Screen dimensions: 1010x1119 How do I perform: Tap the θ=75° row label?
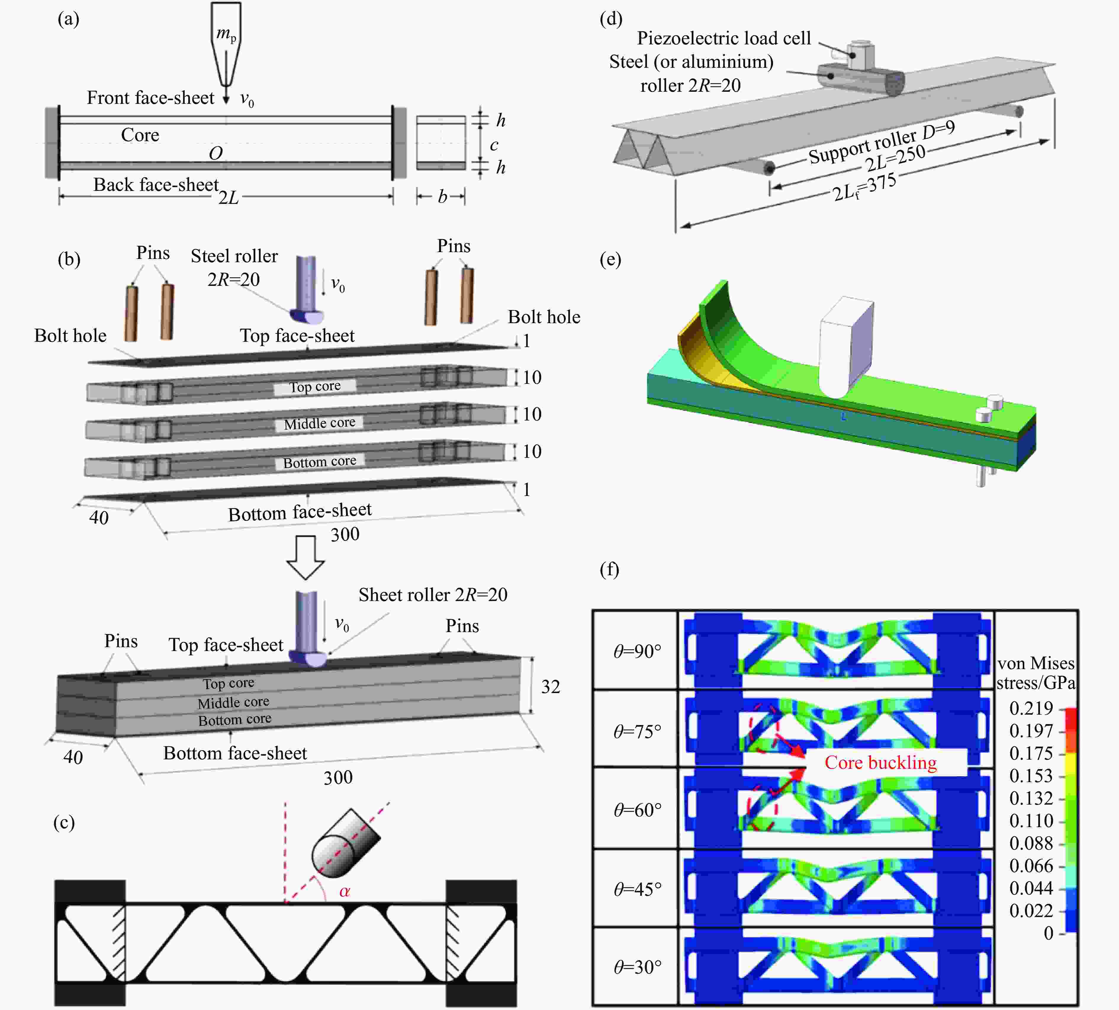coord(637,732)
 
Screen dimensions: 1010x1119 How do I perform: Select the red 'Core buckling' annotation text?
coord(880,763)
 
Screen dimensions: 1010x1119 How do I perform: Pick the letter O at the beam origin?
coord(216,153)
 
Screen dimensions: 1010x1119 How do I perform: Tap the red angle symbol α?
coord(344,891)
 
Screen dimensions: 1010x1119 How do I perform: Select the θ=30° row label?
coord(637,967)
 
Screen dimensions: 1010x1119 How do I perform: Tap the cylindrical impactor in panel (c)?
coord(345,843)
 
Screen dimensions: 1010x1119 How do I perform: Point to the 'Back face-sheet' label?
coord(156,184)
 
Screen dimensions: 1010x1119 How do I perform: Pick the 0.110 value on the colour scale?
coord(1031,821)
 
